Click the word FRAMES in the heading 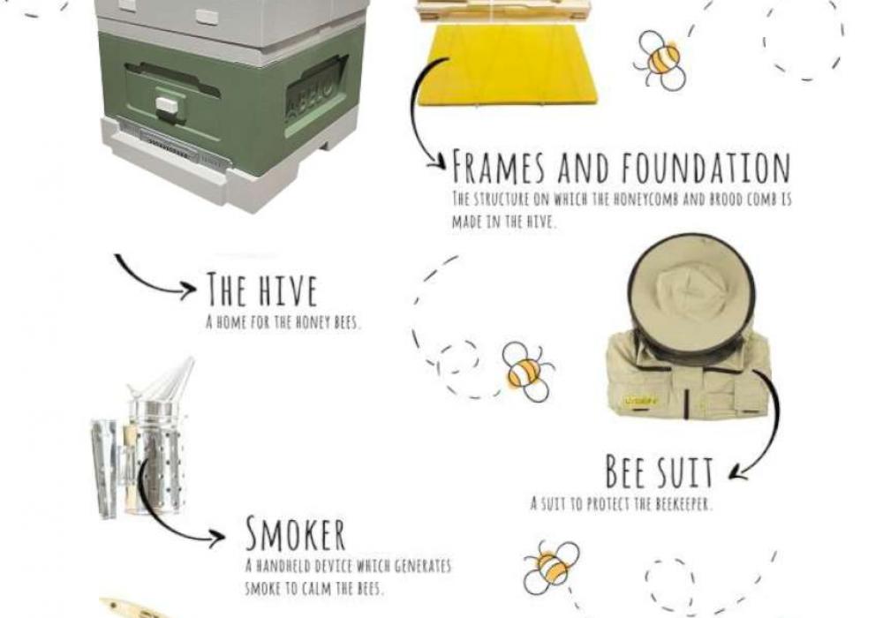500,167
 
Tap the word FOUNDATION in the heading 706,167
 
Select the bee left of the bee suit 528,372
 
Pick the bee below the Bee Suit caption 551,568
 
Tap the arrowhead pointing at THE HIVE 188,290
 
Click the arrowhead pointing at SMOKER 217,538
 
